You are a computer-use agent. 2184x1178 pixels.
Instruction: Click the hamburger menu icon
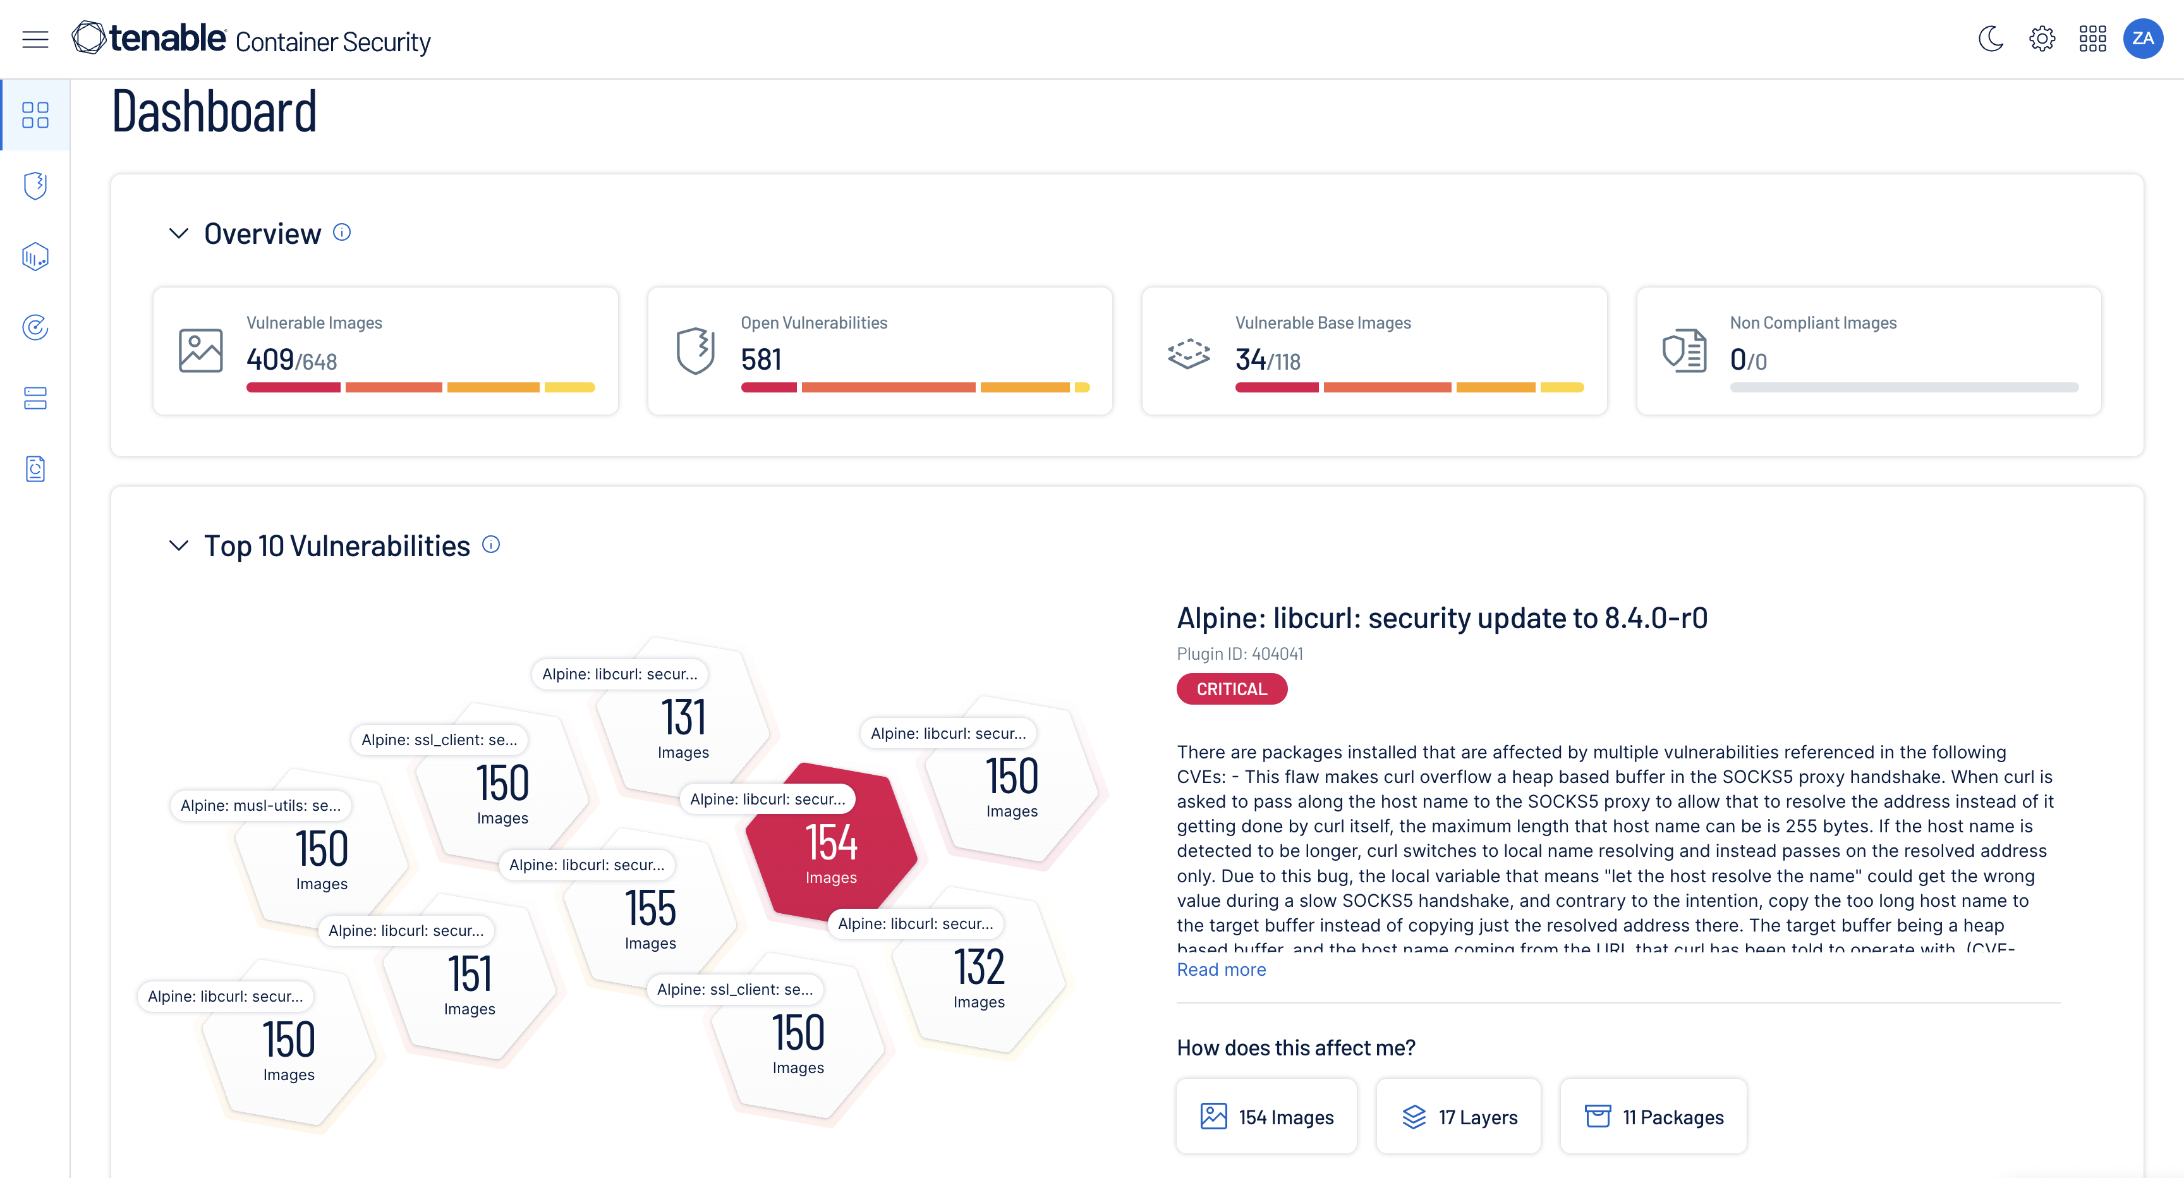[x=35, y=39]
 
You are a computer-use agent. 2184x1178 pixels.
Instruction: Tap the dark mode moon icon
[x=1991, y=39]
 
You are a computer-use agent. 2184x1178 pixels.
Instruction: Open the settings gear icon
[x=2042, y=39]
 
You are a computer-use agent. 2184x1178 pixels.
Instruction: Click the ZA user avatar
[x=2142, y=39]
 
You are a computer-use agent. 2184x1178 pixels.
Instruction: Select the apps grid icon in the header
[x=2092, y=39]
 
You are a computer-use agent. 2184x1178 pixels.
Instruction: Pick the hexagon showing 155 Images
[x=650, y=916]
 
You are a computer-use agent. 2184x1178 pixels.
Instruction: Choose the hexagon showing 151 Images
[x=470, y=982]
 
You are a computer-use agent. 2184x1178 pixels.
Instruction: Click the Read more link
[x=1221, y=969]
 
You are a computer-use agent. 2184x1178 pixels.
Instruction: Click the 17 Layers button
[x=1459, y=1117]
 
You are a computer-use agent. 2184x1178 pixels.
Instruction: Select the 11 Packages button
[x=1653, y=1117]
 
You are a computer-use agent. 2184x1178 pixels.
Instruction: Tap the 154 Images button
[x=1266, y=1117]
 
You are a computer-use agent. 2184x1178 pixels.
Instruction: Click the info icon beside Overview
[x=342, y=233]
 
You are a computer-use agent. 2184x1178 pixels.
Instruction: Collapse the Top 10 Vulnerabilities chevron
[x=178, y=545]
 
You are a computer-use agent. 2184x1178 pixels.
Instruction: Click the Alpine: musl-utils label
[x=260, y=805]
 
